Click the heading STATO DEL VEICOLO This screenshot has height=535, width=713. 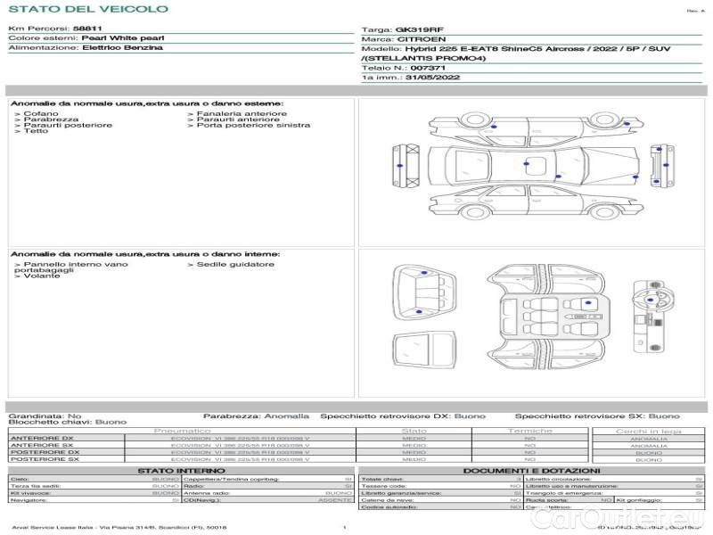coord(87,9)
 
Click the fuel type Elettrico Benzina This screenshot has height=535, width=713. coord(122,48)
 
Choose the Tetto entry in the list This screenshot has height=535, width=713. coord(37,132)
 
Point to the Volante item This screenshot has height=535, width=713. coord(42,276)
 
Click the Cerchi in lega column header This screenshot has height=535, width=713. coord(648,432)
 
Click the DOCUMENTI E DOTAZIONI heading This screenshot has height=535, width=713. coord(531,471)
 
